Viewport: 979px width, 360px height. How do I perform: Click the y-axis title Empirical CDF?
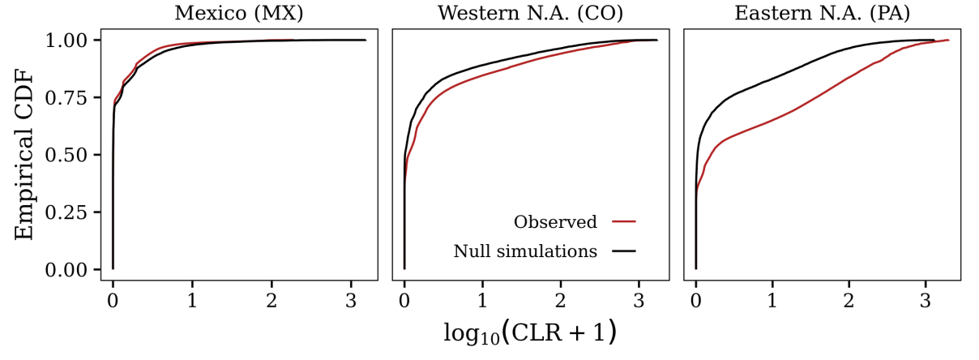pos(25,154)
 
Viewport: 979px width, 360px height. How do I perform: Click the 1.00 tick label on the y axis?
pos(75,40)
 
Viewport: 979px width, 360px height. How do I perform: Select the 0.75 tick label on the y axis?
pos(75,97)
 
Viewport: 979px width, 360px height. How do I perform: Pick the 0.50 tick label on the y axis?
pos(75,155)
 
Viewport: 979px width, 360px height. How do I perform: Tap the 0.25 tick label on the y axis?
pos(75,212)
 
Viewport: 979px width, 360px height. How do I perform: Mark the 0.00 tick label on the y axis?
pos(75,269)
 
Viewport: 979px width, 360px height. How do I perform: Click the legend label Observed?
pos(555,222)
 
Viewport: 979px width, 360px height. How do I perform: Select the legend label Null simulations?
pos(525,251)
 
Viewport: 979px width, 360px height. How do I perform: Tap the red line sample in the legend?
pos(624,221)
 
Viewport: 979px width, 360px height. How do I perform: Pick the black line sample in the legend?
pos(624,251)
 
